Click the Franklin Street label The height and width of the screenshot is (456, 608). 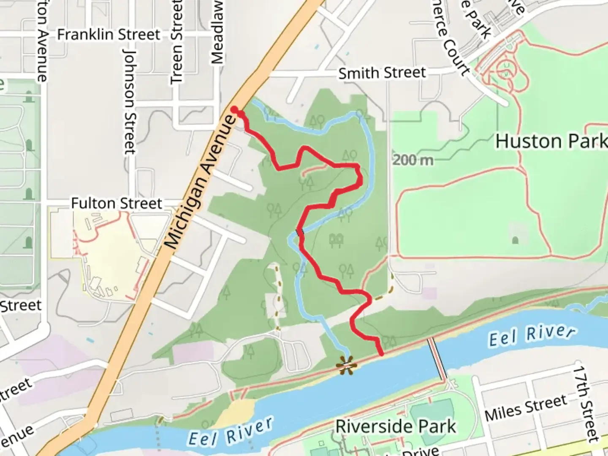pyautogui.click(x=109, y=35)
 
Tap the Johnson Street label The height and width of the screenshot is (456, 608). pyautogui.click(x=130, y=101)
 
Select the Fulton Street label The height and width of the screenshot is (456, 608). pyautogui.click(x=117, y=204)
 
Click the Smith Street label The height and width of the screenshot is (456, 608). pyautogui.click(x=382, y=73)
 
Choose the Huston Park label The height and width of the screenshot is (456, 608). pyautogui.click(x=551, y=141)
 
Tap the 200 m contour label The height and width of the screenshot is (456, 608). pyautogui.click(x=413, y=160)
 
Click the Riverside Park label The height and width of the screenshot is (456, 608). pyautogui.click(x=396, y=426)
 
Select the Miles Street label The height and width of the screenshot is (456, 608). pyautogui.click(x=526, y=407)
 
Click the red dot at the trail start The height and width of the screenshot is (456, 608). pyautogui.click(x=235, y=110)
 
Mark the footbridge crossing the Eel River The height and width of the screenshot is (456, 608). pyautogui.click(x=437, y=359)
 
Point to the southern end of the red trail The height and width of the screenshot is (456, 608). pyautogui.click(x=382, y=354)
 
